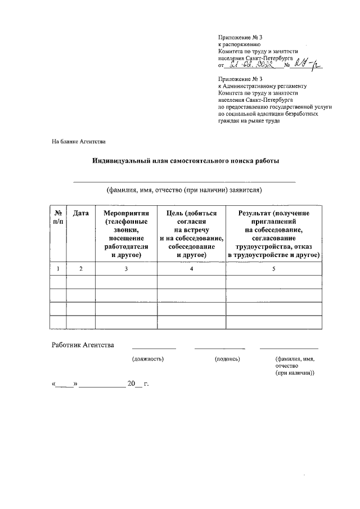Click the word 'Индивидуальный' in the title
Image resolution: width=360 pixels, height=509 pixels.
click(x=120, y=161)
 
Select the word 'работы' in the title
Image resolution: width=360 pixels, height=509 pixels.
click(x=268, y=161)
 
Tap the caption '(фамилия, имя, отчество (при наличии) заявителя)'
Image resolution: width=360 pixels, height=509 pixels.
click(x=184, y=190)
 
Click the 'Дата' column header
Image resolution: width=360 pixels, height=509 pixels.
click(x=81, y=214)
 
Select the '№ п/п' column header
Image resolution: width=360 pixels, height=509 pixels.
click(x=58, y=218)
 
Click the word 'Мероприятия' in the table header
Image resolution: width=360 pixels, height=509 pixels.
click(x=126, y=214)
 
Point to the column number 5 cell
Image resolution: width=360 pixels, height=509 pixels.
click(x=274, y=269)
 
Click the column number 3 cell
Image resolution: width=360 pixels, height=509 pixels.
click(x=126, y=269)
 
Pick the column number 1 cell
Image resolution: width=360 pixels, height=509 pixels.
click(x=58, y=269)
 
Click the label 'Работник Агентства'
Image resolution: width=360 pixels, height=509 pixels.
click(x=83, y=345)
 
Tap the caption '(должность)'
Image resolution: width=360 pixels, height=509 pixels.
click(x=147, y=358)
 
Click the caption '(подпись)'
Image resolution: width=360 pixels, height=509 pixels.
click(x=227, y=358)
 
